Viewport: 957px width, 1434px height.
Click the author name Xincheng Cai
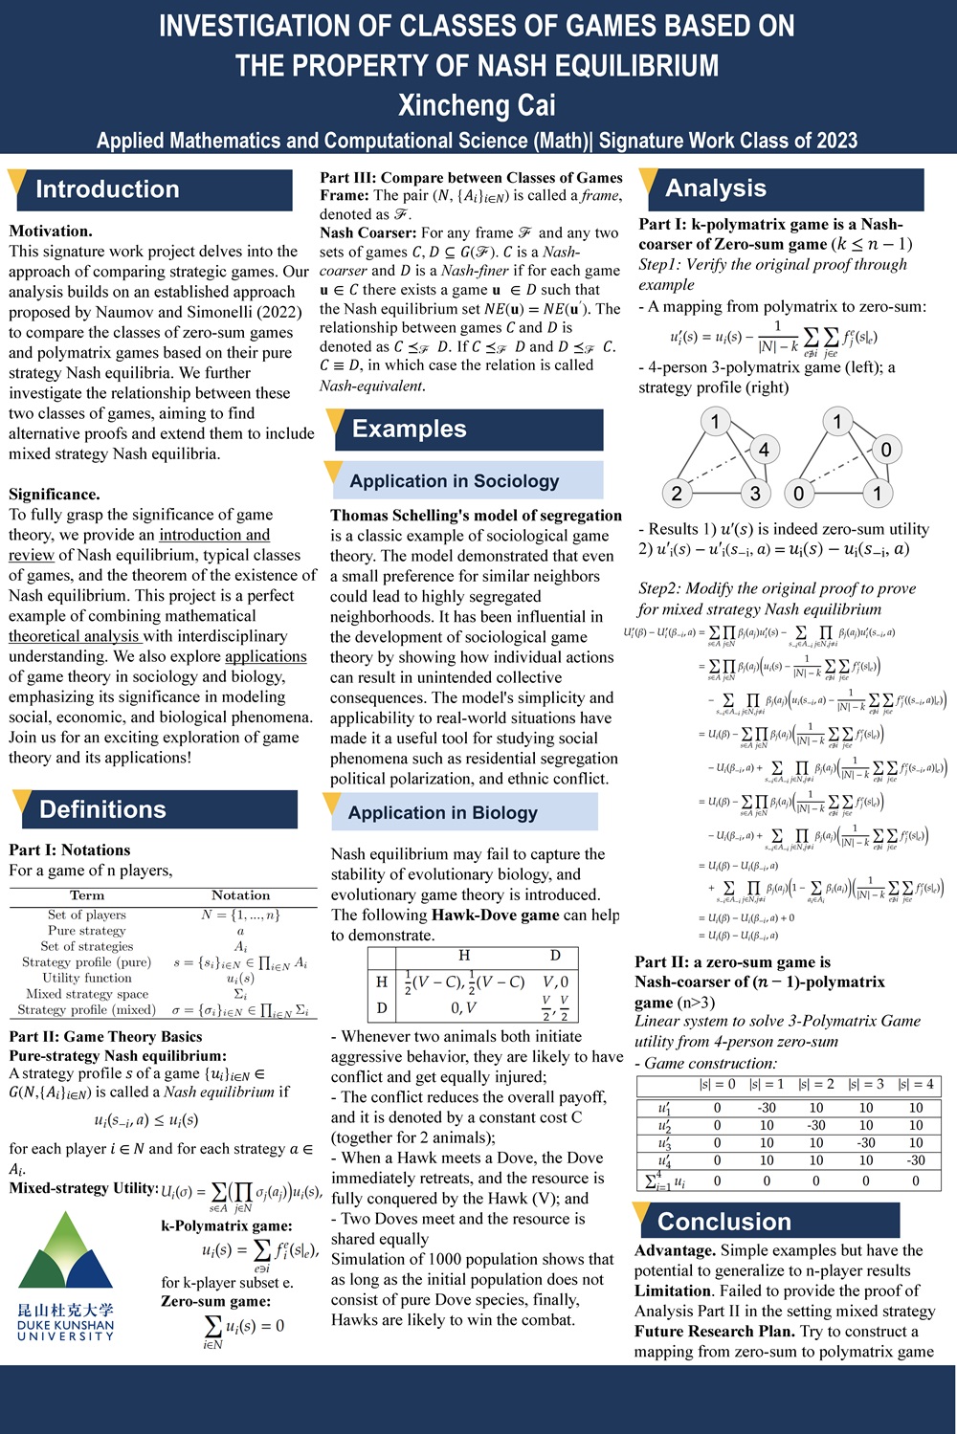pyautogui.click(x=477, y=104)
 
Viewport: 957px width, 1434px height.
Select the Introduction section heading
pyautogui.click(x=107, y=189)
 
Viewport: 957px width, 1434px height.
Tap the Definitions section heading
pyautogui.click(x=102, y=809)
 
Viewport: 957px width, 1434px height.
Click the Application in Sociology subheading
pyautogui.click(x=454, y=480)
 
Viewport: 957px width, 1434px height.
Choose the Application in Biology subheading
pyautogui.click(x=442, y=812)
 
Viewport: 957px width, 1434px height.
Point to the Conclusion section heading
pyautogui.click(x=724, y=1222)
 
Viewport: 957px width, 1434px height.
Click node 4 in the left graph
pyautogui.click(x=764, y=449)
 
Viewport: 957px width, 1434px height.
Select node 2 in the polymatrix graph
pyautogui.click(x=677, y=493)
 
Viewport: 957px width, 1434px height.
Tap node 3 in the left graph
pyautogui.click(x=755, y=493)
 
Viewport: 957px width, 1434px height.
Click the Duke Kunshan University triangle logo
pyautogui.click(x=65, y=1252)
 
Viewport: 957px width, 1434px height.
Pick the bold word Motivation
pyautogui.click(x=50, y=231)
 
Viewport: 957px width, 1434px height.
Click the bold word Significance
pyautogui.click(x=54, y=494)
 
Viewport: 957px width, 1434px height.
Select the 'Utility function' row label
pyautogui.click(x=87, y=978)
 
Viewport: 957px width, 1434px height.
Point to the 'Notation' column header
pyautogui.click(x=240, y=894)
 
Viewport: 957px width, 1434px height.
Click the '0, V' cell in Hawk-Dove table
pyautogui.click(x=463, y=1007)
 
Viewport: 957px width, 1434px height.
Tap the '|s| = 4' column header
pyautogui.click(x=916, y=1084)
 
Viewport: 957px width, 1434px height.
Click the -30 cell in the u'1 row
pyautogui.click(x=767, y=1108)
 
